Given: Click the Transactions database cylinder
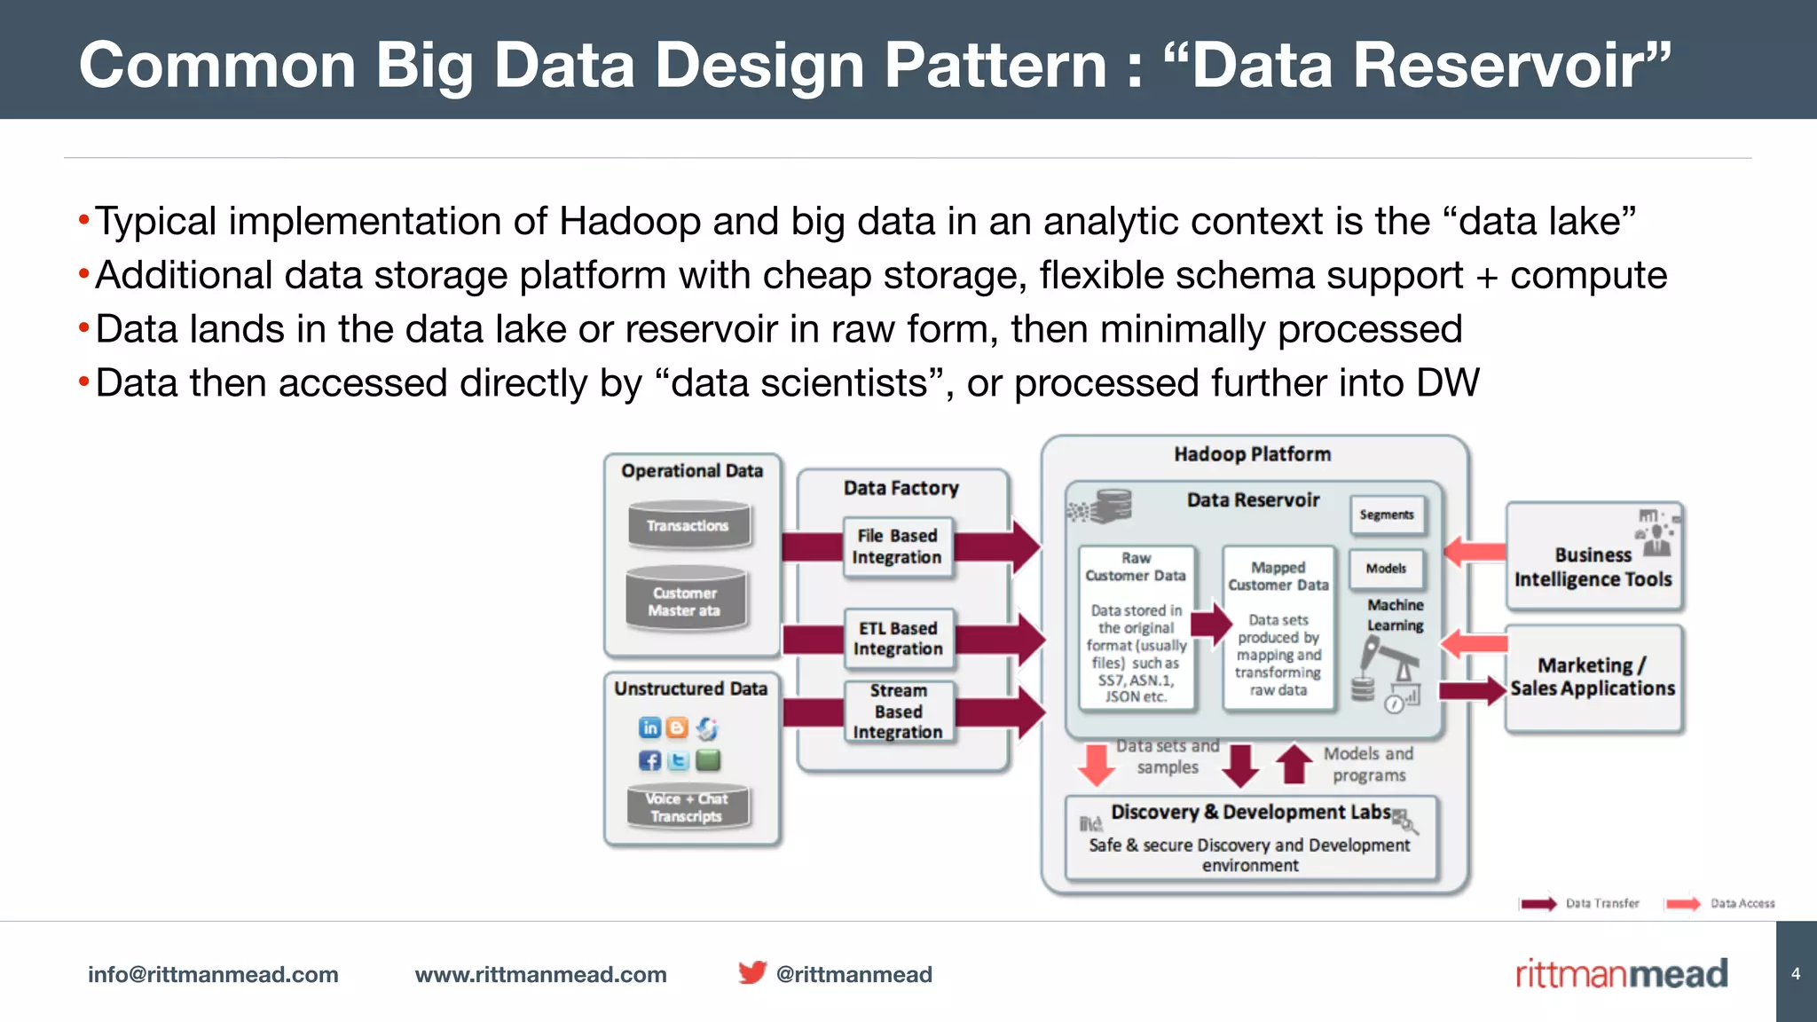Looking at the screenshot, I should (688, 525).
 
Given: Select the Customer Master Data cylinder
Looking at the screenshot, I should (685, 601).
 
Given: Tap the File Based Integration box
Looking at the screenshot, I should (897, 546).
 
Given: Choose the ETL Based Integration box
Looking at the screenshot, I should (898, 639).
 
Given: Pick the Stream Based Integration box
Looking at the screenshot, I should (898, 711).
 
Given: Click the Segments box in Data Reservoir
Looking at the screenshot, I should (1387, 515).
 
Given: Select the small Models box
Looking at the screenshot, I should (1386, 569).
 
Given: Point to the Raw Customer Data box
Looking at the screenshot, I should (1136, 628).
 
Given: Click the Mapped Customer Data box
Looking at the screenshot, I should (1278, 628).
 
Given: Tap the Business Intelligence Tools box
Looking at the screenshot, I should (1593, 556).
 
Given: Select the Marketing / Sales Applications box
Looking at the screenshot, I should (1593, 678).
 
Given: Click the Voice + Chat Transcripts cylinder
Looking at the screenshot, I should (688, 807).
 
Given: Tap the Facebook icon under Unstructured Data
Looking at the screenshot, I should (649, 760).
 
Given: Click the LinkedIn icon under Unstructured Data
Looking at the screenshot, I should (649, 728).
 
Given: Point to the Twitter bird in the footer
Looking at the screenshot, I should (751, 973).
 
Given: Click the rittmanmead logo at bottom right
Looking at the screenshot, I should (1621, 974).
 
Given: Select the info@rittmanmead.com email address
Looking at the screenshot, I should (213, 974).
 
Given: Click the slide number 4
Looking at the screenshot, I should (1796, 974).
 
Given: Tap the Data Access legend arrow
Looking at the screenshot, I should (1682, 904).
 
